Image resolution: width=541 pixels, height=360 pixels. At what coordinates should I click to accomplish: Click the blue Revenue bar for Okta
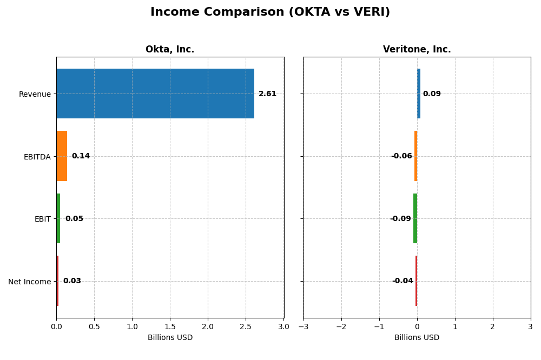[x=155, y=94]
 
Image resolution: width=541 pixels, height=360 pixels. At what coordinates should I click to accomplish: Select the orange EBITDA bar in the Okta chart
[x=62, y=156]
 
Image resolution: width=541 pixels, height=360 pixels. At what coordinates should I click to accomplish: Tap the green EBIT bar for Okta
[x=58, y=218]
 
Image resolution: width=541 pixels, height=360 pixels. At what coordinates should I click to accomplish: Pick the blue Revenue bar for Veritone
[x=419, y=94]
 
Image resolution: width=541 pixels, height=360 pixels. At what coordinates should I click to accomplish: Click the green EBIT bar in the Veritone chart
[x=415, y=218]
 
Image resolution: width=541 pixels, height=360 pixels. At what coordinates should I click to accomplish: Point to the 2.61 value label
[x=267, y=94]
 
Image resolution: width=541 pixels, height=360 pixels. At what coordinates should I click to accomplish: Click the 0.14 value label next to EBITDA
[x=81, y=156]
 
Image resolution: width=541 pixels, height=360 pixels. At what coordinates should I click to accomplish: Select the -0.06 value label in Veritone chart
[x=401, y=156]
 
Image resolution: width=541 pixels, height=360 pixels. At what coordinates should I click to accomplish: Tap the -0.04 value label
[x=403, y=281]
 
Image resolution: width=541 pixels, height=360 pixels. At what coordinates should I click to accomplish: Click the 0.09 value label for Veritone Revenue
[x=432, y=94]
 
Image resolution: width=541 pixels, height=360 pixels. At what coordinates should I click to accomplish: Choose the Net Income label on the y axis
[x=29, y=282]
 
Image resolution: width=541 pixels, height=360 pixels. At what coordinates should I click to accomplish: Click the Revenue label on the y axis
[x=35, y=95]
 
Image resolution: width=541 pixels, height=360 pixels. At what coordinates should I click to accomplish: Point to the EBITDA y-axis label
[x=37, y=157]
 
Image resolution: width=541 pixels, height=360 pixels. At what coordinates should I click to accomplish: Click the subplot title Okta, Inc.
[x=170, y=50]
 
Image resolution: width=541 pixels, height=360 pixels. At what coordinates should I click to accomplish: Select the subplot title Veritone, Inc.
[x=417, y=50]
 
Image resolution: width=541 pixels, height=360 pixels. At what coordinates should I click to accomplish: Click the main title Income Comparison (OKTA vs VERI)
[x=270, y=12]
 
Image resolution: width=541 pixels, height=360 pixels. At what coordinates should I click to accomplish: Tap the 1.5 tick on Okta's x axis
[x=170, y=326]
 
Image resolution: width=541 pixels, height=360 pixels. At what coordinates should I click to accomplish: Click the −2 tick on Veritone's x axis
[x=341, y=326]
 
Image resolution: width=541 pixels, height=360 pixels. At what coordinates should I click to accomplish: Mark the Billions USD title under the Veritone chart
[x=417, y=338]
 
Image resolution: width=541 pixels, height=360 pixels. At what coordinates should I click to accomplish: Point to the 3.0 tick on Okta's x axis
[x=283, y=326]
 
